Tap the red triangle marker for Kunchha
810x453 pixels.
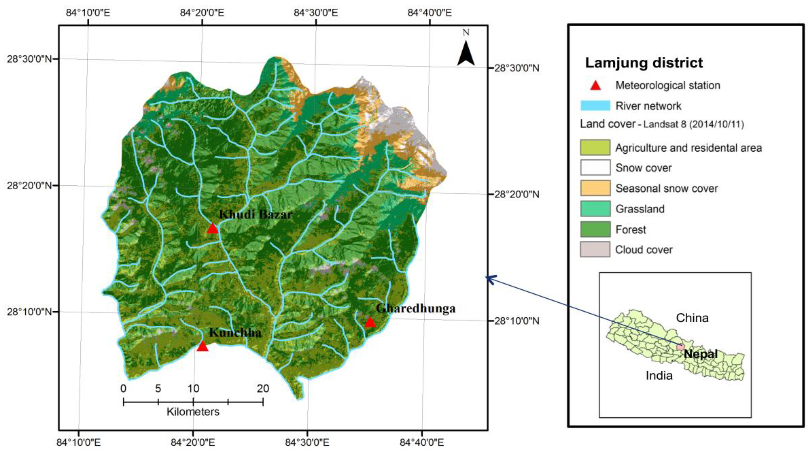pos(203,346)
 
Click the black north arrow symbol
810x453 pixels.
pos(466,53)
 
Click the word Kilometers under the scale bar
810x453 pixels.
pos(193,412)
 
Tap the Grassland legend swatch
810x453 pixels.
pos(595,209)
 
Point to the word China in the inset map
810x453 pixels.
pos(692,318)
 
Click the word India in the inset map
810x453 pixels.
pos(659,375)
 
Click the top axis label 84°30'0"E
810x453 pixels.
pos(316,13)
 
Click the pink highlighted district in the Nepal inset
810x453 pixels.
pos(680,347)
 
